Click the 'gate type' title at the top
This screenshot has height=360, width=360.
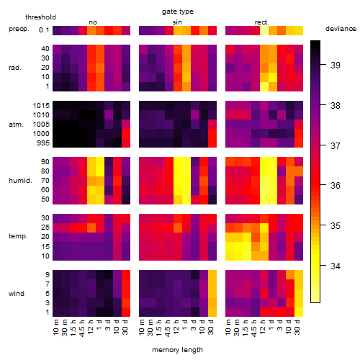point(178,12)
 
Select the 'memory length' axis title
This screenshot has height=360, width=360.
point(177,350)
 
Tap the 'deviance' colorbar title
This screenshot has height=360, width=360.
point(341,29)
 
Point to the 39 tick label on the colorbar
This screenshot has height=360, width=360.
point(336,65)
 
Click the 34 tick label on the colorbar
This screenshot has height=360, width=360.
point(336,266)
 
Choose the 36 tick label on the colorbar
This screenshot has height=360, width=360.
point(336,186)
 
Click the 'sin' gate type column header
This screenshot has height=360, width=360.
point(177,22)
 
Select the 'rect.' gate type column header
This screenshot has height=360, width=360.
point(261,22)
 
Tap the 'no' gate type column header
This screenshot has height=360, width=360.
point(93,22)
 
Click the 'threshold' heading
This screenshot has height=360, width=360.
point(40,17)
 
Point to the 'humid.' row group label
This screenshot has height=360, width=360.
point(20,181)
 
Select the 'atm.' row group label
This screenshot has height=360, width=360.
point(16,125)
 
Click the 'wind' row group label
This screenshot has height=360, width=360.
point(17,294)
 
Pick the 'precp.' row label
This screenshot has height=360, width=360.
point(19,29)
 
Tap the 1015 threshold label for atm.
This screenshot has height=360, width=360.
point(41,106)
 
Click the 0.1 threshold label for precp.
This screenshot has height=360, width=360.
point(44,30)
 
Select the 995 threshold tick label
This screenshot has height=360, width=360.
point(43,143)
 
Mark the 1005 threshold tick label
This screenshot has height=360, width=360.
point(41,125)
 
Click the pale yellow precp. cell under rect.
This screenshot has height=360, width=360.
point(264,30)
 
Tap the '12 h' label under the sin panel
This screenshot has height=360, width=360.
point(176,327)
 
